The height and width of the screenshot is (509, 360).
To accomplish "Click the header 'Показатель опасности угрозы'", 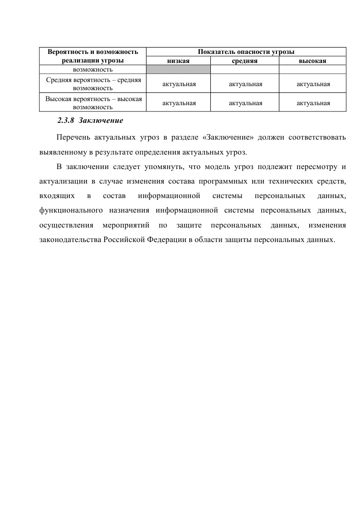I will pos(246,52).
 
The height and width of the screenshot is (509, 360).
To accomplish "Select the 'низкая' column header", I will pos(179,60).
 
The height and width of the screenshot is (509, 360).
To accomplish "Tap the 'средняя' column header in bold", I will pos(245,60).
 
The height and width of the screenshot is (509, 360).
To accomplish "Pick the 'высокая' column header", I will pos(312,60).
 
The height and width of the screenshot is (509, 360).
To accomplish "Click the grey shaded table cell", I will pos(179,69).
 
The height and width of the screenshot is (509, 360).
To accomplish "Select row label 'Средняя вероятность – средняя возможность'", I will pos(93,84).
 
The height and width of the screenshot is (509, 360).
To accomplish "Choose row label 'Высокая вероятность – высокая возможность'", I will pos(93,103).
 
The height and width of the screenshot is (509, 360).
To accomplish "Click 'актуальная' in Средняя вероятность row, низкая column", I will pos(179,84).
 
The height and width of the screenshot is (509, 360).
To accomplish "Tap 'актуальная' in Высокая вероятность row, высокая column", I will pos(313,103).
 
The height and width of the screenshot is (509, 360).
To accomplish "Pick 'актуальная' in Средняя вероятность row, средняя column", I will pos(245,84).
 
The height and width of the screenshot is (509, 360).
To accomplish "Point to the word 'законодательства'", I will pos(69,240).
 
